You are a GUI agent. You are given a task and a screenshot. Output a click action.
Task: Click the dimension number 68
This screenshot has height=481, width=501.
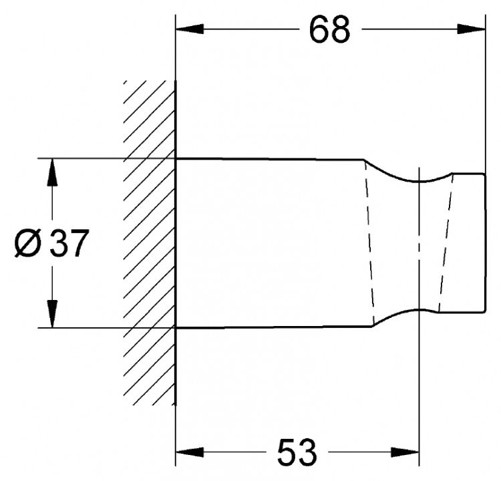pos(330,29)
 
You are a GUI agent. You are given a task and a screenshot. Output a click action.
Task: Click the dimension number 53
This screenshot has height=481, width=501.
pos(297,452)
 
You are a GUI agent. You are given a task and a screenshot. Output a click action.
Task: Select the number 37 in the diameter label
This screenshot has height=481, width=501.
pos(69,243)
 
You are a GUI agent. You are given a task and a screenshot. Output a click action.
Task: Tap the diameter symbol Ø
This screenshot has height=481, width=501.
pos(29,243)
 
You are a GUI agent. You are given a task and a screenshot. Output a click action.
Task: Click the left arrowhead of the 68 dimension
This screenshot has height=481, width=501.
pos(190,29)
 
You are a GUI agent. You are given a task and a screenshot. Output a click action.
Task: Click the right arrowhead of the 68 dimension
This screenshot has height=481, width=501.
pos(472,29)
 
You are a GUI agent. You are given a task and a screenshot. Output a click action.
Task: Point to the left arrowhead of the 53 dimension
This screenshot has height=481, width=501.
pos(190,452)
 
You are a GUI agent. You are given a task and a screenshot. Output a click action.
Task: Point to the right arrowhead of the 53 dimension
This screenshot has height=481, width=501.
pos(405,452)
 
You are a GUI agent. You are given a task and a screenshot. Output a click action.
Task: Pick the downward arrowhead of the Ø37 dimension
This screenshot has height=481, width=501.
pos(52,314)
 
